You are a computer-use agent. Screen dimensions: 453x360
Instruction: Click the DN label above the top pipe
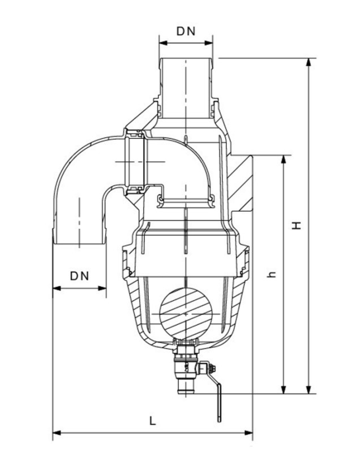(185, 31)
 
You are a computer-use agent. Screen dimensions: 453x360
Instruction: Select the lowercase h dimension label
(272, 273)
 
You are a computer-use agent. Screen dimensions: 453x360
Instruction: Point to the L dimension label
(152, 421)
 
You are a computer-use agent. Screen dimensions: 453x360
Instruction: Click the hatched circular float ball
(185, 314)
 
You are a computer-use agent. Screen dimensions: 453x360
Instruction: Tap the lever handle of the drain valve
(218, 402)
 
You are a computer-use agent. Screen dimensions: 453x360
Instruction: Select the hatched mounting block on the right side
(242, 184)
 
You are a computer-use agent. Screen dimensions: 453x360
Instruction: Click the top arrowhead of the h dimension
(283, 158)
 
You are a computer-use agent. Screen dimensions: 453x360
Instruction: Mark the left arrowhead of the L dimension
(56, 433)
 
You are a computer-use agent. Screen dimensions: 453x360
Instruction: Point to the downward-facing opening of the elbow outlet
(80, 242)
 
